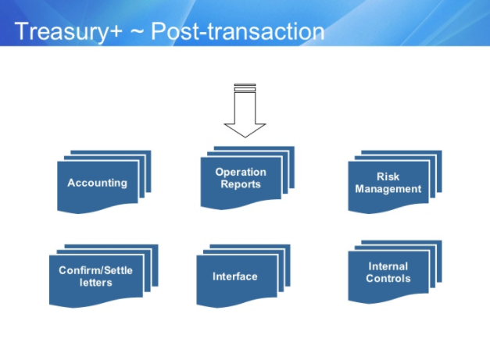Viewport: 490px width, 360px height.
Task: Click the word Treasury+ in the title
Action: tap(68, 32)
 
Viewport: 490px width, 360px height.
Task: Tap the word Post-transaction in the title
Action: tap(238, 31)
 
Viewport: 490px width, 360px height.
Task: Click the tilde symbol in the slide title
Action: tap(137, 32)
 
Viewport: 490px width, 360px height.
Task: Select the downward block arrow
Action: tap(245, 111)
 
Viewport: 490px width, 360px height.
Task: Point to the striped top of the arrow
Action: tap(245, 87)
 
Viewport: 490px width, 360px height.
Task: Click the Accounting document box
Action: tap(104, 182)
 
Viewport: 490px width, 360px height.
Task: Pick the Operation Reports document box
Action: tap(248, 178)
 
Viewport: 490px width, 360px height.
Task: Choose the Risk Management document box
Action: tap(395, 182)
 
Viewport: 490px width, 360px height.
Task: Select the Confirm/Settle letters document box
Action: tap(104, 276)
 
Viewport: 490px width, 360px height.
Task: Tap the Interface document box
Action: tap(244, 276)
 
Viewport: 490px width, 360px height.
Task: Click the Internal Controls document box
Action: tap(395, 272)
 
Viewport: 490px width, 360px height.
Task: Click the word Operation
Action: tap(241, 172)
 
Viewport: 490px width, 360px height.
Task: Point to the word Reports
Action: tap(241, 184)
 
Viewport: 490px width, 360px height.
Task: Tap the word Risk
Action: tap(388, 176)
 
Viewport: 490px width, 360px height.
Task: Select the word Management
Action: tap(388, 189)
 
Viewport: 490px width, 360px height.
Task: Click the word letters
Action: tap(95, 283)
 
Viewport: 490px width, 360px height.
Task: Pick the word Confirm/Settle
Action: tap(95, 270)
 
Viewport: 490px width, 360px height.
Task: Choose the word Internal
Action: tap(388, 266)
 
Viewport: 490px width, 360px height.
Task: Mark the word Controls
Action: tap(388, 279)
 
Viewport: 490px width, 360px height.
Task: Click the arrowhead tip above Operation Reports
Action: tap(245, 137)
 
